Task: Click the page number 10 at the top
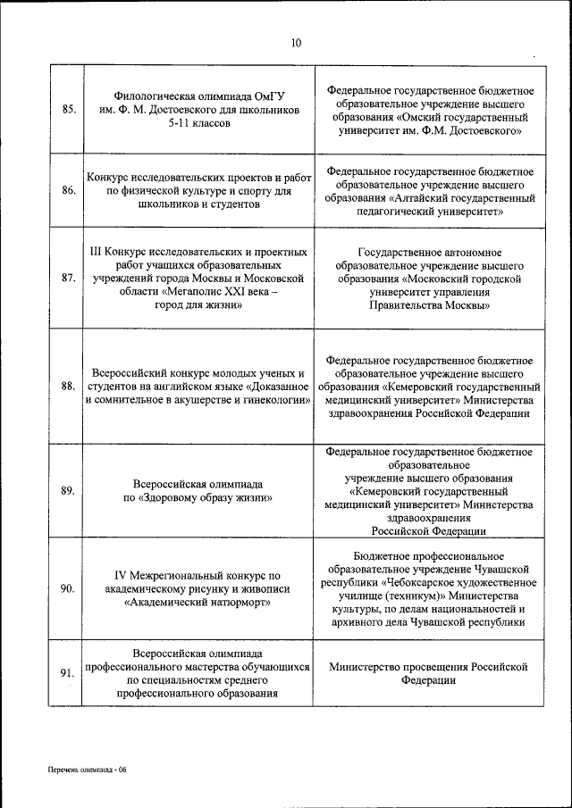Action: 296,43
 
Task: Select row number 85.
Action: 68,109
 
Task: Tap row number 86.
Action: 68,190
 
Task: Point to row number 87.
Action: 68,278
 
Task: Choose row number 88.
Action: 68,386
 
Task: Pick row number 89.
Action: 68,490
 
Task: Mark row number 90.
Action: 68,588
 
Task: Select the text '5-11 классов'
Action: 198,123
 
